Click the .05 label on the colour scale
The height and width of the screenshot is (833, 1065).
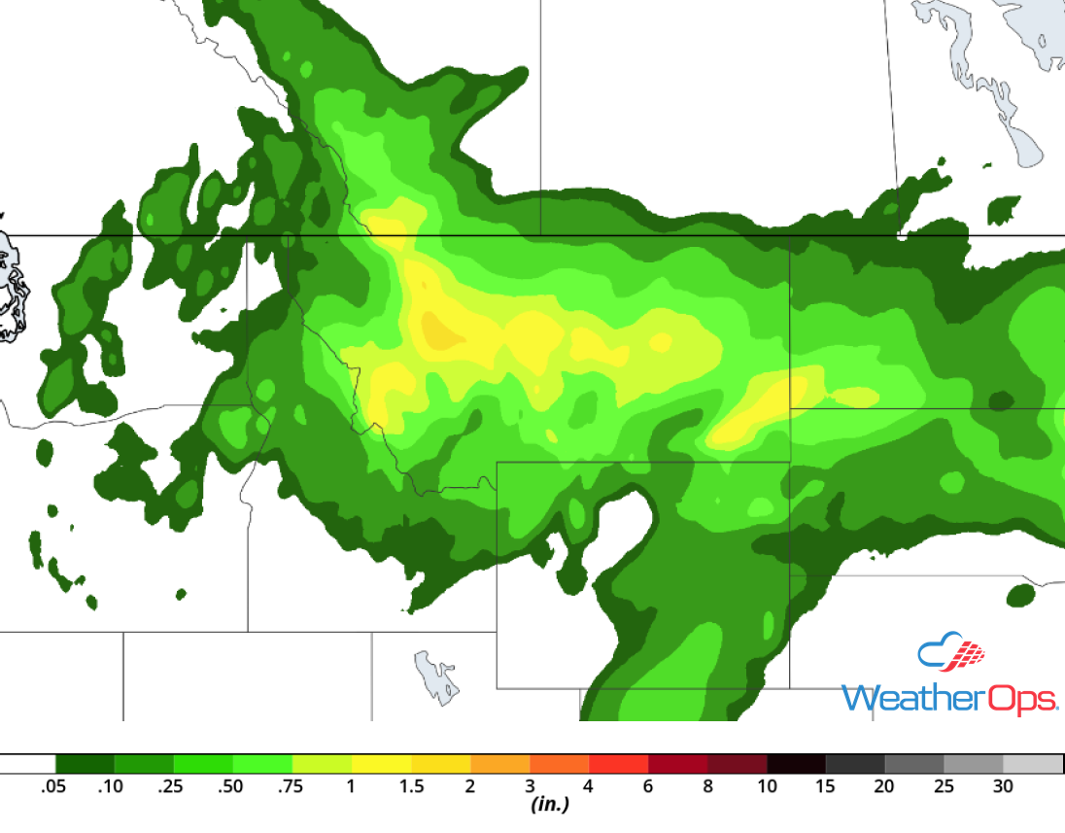53,786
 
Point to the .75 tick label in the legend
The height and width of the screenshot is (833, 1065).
292,786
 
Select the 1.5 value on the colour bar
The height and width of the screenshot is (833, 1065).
412,786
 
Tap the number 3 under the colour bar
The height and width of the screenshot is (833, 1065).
531,786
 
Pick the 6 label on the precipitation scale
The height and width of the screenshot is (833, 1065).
648,786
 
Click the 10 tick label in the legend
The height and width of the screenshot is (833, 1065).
767,786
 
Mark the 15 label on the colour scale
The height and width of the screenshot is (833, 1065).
826,786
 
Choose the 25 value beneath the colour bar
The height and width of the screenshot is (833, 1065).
944,786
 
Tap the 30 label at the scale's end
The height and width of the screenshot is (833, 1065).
1003,786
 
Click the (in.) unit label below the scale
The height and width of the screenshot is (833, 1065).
550,805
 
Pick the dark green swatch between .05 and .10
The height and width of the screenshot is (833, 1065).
85,764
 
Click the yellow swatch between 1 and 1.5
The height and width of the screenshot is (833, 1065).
382,764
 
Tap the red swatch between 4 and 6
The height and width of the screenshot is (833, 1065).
618,764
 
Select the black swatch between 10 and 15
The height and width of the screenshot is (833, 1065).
796,764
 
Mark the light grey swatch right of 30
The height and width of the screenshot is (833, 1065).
1033,764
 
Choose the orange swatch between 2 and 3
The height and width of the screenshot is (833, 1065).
500,764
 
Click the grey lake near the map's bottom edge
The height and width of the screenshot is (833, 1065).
436,677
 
